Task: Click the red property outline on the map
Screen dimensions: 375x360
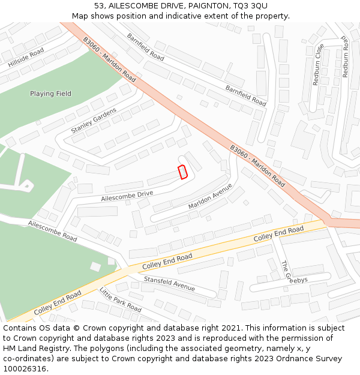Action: [x=183, y=172]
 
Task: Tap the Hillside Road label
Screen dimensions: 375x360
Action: [x=26, y=58]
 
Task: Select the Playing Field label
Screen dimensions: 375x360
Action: [x=51, y=94]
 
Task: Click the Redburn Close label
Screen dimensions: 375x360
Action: [x=318, y=64]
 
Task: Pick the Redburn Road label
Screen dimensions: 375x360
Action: [x=345, y=55]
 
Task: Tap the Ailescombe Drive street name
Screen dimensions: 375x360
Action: [x=127, y=196]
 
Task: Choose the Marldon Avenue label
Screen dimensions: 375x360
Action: [x=210, y=196]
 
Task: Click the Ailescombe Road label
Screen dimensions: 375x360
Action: [x=52, y=230]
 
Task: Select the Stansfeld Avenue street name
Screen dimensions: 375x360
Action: [x=169, y=283]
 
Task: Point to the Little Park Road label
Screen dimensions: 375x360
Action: [x=120, y=300]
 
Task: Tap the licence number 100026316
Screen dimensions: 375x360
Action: [x=26, y=368]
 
